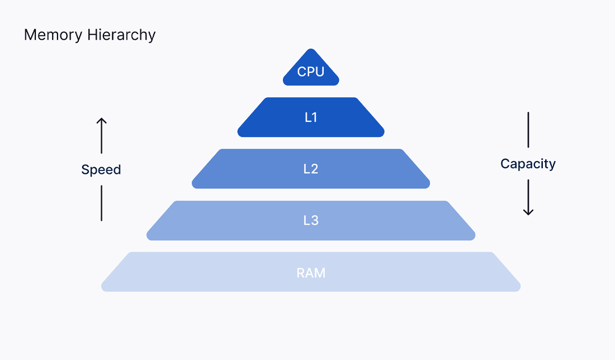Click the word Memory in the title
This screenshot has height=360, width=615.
click(x=54, y=35)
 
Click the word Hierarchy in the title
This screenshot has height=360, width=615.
click(x=121, y=35)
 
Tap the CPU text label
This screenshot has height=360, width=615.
click(x=311, y=72)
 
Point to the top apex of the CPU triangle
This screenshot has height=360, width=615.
click(x=311, y=51)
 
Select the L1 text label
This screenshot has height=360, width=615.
click(x=311, y=117)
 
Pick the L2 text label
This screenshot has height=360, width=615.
click(x=311, y=169)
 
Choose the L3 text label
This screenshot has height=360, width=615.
click(x=311, y=220)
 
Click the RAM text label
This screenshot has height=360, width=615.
click(x=311, y=273)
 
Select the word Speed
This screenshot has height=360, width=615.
click(x=101, y=170)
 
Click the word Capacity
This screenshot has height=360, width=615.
click(x=528, y=164)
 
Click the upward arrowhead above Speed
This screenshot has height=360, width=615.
click(x=101, y=121)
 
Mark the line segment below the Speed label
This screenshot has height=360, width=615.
click(x=101, y=203)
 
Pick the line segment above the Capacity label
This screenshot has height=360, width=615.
click(x=528, y=130)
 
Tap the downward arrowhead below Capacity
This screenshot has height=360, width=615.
click(x=528, y=212)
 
